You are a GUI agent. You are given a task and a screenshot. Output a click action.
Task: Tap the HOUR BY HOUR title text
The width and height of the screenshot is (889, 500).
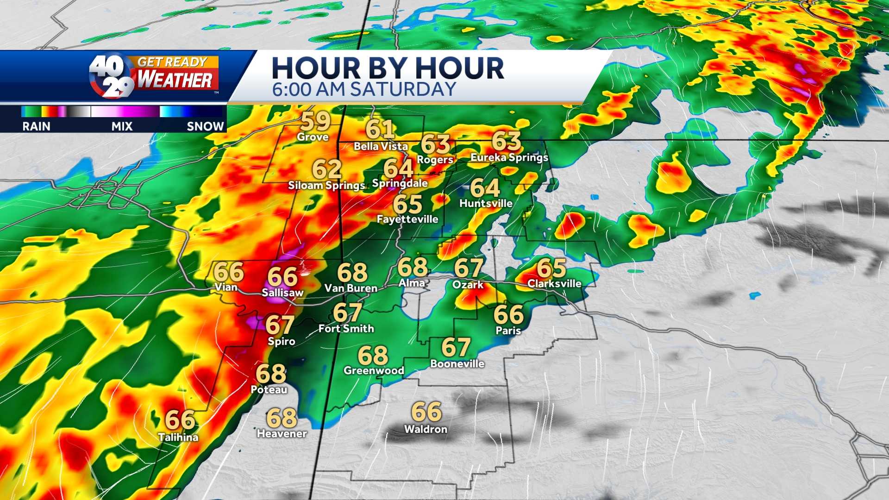tap(388, 68)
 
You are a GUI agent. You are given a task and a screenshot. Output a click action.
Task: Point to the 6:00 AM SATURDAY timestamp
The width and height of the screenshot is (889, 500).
tap(364, 89)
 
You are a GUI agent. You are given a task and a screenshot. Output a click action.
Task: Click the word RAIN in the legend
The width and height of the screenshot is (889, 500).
tap(36, 126)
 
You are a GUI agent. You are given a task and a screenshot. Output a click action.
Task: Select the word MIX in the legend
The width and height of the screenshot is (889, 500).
tap(122, 126)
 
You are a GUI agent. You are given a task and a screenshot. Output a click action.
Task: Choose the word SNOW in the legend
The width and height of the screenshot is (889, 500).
tap(205, 126)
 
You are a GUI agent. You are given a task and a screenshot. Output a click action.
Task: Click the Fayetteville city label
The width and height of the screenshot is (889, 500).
tap(407, 219)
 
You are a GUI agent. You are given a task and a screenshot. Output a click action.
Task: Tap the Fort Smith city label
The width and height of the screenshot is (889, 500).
tap(346, 329)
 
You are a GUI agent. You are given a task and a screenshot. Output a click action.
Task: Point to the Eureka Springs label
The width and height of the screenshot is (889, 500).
tap(509, 157)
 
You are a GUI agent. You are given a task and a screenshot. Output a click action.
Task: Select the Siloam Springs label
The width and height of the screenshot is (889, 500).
tap(327, 186)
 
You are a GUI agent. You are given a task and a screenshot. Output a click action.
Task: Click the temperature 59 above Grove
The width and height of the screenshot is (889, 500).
tap(316, 121)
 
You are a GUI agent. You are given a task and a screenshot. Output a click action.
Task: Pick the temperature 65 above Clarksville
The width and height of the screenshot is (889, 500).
tap(551, 268)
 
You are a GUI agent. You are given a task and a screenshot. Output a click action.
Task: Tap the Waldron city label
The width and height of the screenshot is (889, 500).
tap(426, 429)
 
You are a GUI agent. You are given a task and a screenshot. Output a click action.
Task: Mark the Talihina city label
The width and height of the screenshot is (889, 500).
tap(178, 437)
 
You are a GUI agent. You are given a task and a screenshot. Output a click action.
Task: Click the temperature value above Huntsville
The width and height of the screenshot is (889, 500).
tap(485, 188)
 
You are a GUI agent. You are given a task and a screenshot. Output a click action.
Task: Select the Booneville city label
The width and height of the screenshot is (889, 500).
tap(457, 364)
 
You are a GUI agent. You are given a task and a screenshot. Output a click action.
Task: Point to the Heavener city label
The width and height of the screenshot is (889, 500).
tap(282, 434)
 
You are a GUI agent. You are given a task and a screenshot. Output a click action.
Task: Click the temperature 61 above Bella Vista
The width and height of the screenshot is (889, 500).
tap(380, 129)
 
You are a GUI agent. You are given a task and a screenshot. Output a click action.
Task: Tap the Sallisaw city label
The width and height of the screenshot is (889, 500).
tap(282, 293)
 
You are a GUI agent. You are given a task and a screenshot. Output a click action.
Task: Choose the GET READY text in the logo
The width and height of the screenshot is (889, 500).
tap(172, 62)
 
